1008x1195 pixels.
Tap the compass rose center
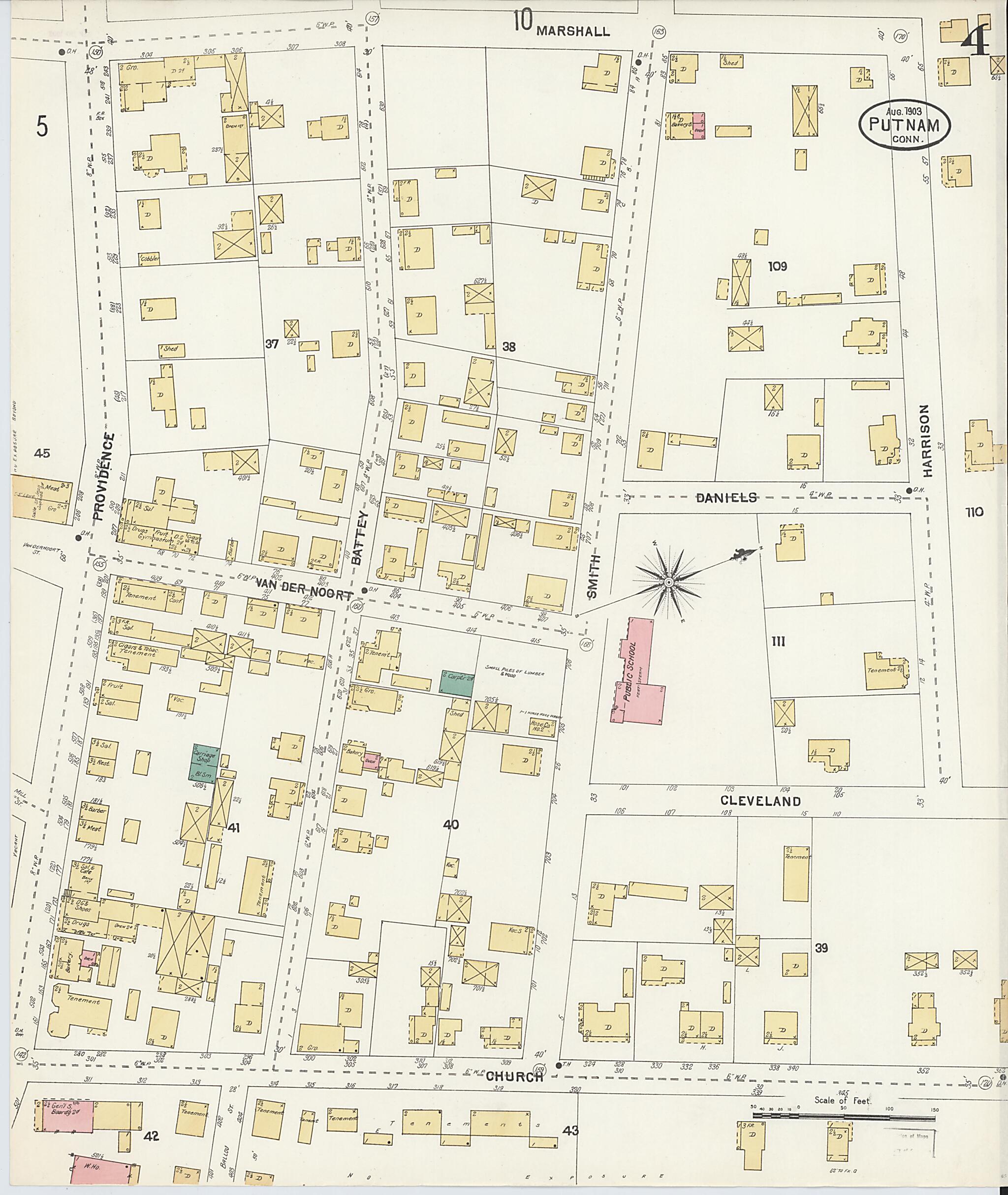point(667,582)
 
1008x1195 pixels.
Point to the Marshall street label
point(573,31)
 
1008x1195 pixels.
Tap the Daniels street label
point(726,497)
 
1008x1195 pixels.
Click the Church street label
point(514,1077)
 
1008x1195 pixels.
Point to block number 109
point(778,266)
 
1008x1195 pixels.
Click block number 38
point(508,346)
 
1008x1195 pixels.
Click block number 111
point(778,642)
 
